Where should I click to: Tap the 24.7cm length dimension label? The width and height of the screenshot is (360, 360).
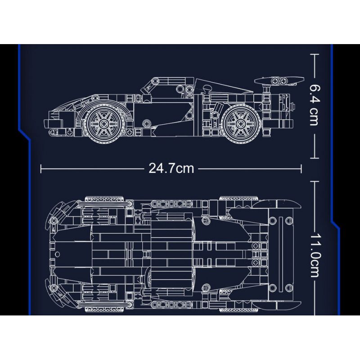click(x=171, y=168)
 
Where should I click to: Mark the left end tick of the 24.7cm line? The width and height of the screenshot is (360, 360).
click(x=41, y=168)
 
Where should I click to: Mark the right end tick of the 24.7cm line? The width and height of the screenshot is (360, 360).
click(x=301, y=168)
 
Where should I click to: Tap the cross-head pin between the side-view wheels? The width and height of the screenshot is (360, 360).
click(x=146, y=122)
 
